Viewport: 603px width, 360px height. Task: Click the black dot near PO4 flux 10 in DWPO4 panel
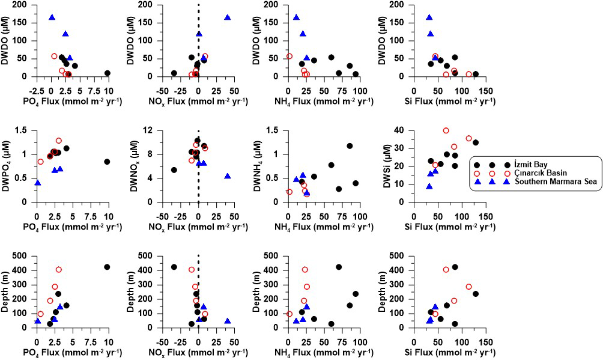tap(107, 162)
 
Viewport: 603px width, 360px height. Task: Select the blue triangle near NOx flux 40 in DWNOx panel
tap(228, 176)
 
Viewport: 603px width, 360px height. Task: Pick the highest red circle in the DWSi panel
tap(446, 130)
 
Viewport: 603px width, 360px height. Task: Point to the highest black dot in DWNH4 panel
tap(350, 146)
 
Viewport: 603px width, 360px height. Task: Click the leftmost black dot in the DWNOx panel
tap(174, 170)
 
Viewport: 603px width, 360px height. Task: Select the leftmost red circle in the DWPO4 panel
tap(40, 162)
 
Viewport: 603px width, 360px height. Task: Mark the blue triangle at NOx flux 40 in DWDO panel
tap(228, 17)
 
